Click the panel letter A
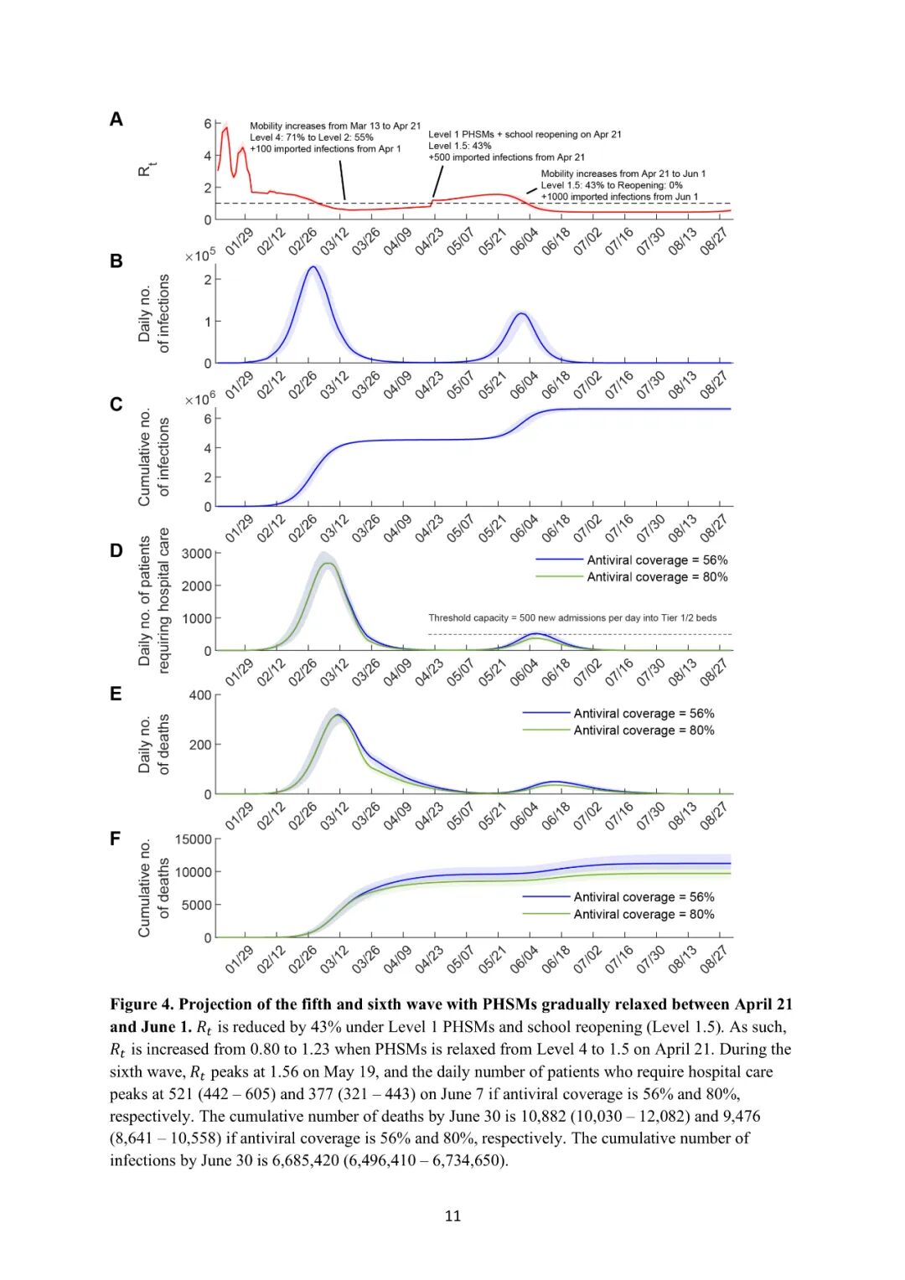[116, 120]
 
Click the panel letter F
[116, 839]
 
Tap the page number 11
[452, 1215]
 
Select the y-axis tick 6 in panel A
[208, 124]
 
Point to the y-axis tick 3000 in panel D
[196, 554]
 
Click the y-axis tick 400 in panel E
[200, 695]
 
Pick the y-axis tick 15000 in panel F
[193, 839]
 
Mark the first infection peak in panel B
[313, 267]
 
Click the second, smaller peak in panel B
[521, 314]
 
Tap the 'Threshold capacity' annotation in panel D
[572, 618]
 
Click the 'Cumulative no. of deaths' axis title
[153, 888]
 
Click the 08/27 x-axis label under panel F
[713, 958]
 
